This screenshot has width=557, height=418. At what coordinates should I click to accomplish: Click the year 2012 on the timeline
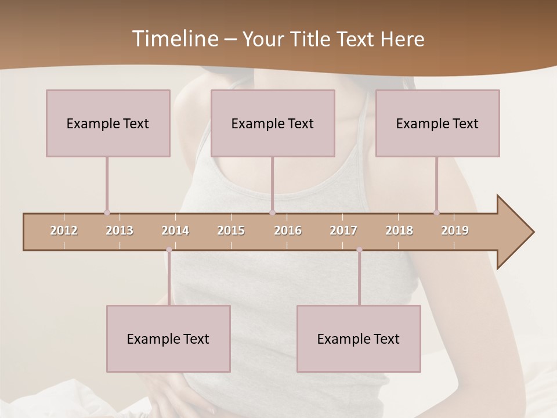point(64,230)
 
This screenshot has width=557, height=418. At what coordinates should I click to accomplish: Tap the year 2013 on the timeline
point(120,230)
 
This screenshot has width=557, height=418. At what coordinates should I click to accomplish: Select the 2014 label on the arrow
point(175,230)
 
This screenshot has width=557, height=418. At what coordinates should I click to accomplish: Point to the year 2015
point(231,230)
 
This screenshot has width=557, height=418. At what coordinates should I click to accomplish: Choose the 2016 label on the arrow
point(288,230)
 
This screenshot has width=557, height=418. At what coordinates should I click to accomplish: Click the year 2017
point(343,230)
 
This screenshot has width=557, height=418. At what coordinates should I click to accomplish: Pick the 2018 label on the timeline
point(399,230)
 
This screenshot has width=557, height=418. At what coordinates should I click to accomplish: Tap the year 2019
point(455,230)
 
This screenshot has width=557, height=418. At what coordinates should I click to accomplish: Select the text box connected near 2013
point(108,123)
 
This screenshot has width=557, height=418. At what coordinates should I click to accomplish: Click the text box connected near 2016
point(273,123)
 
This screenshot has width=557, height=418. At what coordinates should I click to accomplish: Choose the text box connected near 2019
point(437,123)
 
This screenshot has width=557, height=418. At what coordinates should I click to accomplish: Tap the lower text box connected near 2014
point(168,338)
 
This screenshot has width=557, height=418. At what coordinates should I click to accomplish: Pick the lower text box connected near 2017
point(359,338)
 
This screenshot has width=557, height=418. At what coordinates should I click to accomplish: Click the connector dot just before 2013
point(107,213)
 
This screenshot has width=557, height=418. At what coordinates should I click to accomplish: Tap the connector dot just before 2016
point(272,213)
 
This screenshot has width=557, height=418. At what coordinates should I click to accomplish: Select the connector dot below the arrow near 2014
point(169,250)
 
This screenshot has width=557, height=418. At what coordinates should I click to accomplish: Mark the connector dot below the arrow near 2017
point(359,250)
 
